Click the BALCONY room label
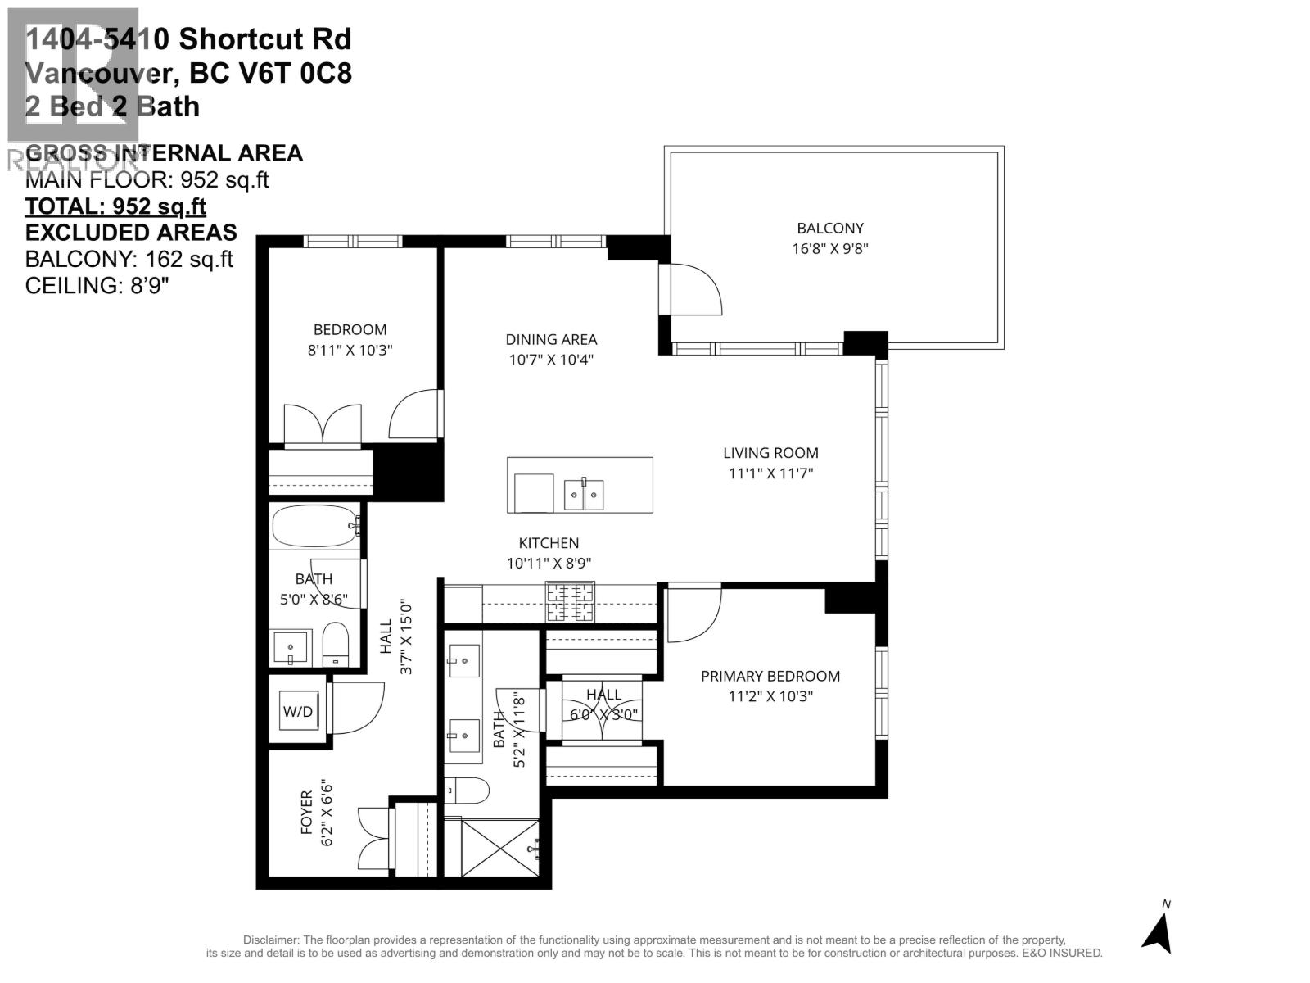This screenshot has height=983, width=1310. click(x=829, y=229)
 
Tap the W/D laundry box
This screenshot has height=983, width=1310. click(x=298, y=711)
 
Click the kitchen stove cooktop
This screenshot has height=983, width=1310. click(x=570, y=602)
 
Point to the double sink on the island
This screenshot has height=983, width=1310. click(x=584, y=494)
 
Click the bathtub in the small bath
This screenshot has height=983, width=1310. click(x=316, y=527)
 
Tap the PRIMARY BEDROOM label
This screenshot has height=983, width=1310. click(x=770, y=676)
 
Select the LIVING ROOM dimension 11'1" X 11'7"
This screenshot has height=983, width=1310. click(x=770, y=473)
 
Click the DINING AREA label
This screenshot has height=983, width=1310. click(x=551, y=339)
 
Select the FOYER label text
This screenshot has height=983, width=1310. click(x=307, y=812)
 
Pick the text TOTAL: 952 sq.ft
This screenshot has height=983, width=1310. click(x=115, y=206)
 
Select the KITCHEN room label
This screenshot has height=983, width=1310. click(x=549, y=543)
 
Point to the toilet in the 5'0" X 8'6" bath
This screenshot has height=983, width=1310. click(x=336, y=644)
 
